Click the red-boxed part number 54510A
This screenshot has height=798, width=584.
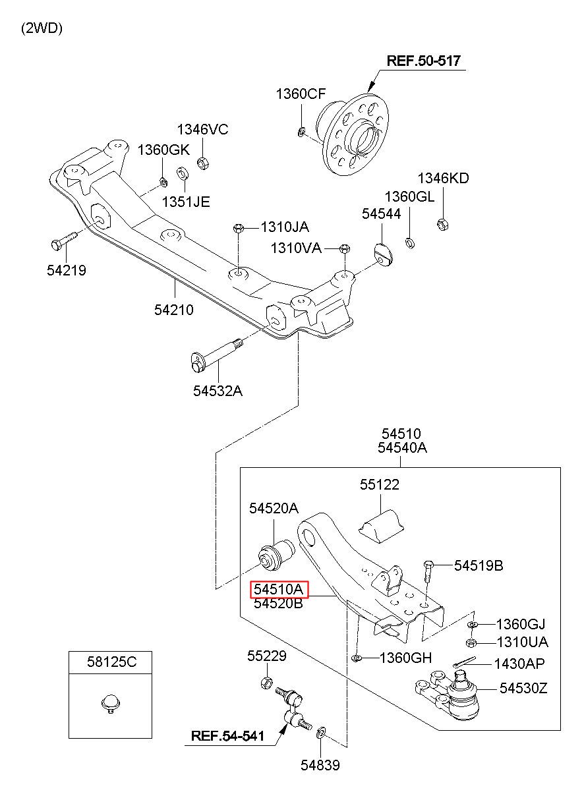[279, 589]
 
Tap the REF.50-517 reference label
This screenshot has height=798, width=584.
[423, 61]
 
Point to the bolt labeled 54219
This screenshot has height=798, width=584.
[65, 240]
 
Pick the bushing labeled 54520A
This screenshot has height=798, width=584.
[276, 555]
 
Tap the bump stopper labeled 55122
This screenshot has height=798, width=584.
[381, 527]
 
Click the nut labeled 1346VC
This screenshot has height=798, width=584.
[203, 163]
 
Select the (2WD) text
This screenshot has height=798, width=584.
[42, 28]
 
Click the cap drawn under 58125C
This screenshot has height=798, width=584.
[111, 702]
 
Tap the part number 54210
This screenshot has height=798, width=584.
[174, 310]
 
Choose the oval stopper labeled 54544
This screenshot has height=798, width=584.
[384, 256]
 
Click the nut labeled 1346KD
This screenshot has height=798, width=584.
[442, 224]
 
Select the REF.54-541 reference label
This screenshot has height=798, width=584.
[227, 736]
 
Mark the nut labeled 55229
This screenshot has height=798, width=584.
[267, 683]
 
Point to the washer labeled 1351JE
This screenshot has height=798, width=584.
[183, 173]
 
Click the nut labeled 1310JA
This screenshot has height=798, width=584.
[239, 227]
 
